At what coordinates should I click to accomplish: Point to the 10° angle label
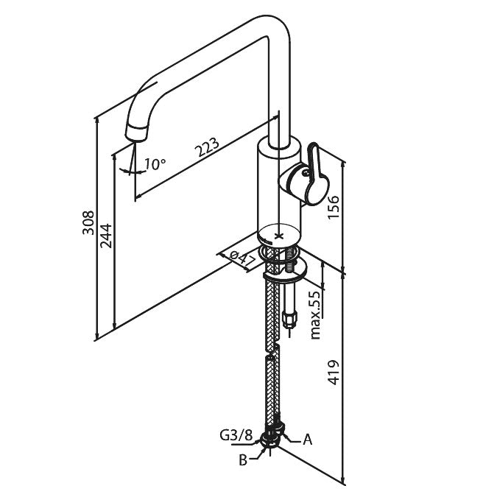click(x=155, y=163)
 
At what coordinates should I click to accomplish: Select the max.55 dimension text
click(x=314, y=314)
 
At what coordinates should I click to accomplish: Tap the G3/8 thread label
click(x=235, y=436)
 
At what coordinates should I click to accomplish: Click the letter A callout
click(x=308, y=440)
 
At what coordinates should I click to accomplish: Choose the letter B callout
click(x=242, y=460)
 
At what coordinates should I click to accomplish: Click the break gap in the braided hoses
click(x=271, y=351)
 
